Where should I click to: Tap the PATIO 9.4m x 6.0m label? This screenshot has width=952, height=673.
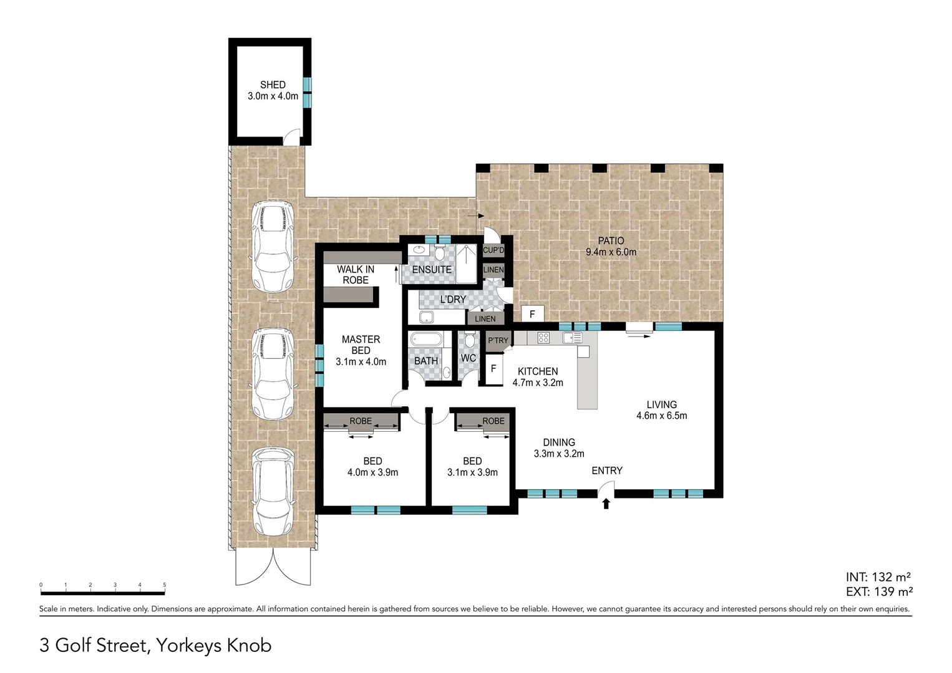click(x=611, y=246)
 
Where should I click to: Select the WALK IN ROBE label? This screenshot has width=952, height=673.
click(x=356, y=275)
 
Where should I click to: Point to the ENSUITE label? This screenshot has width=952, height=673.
click(x=432, y=269)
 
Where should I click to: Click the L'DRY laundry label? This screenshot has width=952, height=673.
click(x=453, y=299)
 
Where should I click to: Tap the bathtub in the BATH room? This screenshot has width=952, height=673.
click(x=426, y=341)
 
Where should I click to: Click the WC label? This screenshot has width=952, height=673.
click(x=469, y=358)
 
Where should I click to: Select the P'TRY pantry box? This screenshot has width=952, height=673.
click(x=498, y=340)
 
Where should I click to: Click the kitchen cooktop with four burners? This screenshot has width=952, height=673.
click(x=543, y=338)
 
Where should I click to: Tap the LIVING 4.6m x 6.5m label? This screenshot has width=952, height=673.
click(x=661, y=410)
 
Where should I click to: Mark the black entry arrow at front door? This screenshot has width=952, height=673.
click(x=606, y=504)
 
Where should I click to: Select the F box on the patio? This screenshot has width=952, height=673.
click(x=532, y=314)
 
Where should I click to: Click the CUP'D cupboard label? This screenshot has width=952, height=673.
click(x=493, y=251)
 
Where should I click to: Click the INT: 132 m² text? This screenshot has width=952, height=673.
click(x=879, y=577)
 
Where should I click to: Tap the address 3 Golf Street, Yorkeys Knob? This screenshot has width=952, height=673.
click(x=155, y=645)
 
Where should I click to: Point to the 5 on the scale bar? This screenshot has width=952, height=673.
click(x=165, y=585)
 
